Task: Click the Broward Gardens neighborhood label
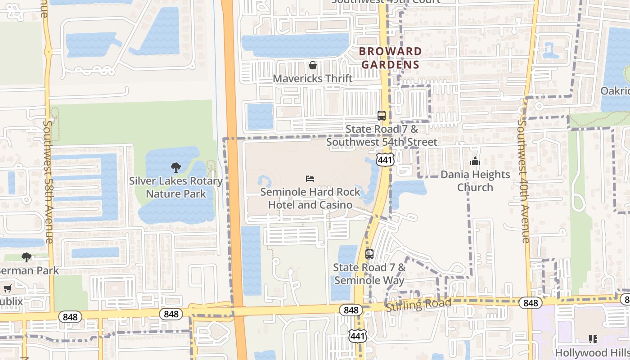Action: click(x=391, y=58)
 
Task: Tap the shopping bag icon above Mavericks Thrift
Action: click(x=313, y=66)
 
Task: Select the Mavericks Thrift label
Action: click(x=313, y=79)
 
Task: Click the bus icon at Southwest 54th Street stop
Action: click(x=382, y=116)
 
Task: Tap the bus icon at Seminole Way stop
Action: click(x=369, y=254)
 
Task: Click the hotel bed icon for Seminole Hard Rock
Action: click(x=310, y=179)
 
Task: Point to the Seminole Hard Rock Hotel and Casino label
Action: click(x=310, y=198)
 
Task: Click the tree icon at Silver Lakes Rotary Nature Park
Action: click(x=176, y=168)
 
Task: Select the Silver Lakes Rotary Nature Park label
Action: click(x=176, y=188)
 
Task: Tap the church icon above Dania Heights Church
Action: click(x=475, y=161)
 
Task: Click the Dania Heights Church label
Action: click(x=475, y=181)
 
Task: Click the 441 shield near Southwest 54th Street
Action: click(x=386, y=160)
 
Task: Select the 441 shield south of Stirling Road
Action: click(x=358, y=336)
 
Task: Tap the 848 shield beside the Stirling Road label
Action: click(x=351, y=310)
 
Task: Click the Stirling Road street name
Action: click(x=418, y=305)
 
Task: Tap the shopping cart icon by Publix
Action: click(x=7, y=288)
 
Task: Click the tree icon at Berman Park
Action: click(x=27, y=257)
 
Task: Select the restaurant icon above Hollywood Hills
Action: click(x=593, y=339)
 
